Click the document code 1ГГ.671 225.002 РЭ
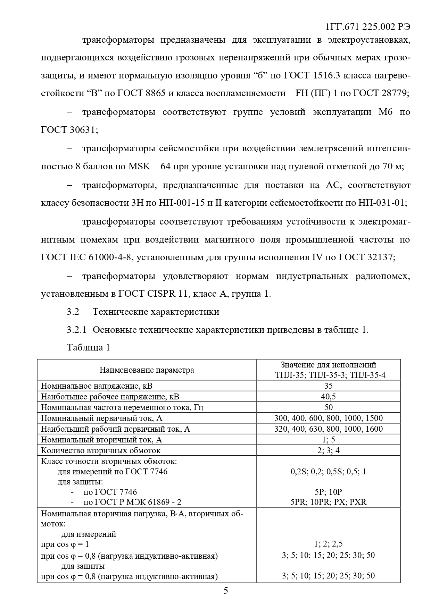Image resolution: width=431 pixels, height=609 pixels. pyautogui.click(x=368, y=27)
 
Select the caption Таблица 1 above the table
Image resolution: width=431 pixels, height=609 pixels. pyautogui.click(x=89, y=347)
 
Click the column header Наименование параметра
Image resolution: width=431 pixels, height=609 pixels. pyautogui.click(x=147, y=370)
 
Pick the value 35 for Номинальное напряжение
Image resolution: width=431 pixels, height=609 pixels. pyautogui.click(x=328, y=386)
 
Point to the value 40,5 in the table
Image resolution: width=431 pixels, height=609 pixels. pyautogui.click(x=328, y=397)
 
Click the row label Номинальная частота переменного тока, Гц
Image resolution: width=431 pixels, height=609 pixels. pyautogui.click(x=122, y=407)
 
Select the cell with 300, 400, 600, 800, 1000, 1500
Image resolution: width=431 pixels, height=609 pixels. pyautogui.click(x=328, y=418)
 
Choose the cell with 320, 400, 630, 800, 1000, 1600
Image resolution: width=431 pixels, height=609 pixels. pyautogui.click(x=328, y=429)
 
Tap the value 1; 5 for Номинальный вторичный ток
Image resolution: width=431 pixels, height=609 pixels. pyautogui.click(x=328, y=440)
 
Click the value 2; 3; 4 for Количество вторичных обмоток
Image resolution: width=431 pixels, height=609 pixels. pyautogui.click(x=328, y=450)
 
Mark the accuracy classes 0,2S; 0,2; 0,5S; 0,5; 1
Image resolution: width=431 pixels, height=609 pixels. pyautogui.click(x=328, y=472)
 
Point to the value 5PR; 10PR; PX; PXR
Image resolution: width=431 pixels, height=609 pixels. pyautogui.click(x=328, y=502)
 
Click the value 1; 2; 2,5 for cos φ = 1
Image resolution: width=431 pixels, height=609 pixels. pyautogui.click(x=328, y=544)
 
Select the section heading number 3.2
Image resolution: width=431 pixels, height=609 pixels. pyautogui.click(x=73, y=312)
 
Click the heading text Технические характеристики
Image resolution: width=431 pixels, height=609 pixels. pyautogui.click(x=156, y=312)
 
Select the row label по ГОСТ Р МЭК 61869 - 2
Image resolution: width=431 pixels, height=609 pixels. pyautogui.click(x=132, y=502)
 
